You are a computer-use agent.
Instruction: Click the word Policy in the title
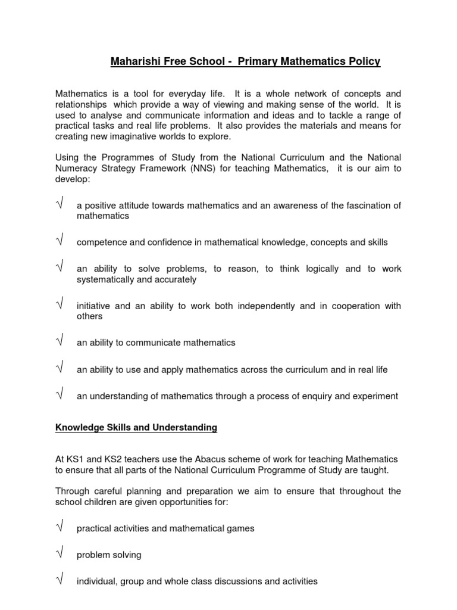pyautogui.click(x=365, y=61)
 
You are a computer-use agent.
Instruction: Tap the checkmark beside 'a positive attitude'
pyautogui.click(x=60, y=206)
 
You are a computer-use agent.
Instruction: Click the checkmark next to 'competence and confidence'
pyautogui.click(x=60, y=242)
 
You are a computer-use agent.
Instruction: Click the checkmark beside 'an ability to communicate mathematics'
pyautogui.click(x=60, y=342)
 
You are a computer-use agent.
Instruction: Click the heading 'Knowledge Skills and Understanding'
pyautogui.click(x=136, y=427)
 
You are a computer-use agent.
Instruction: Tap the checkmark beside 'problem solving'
pyautogui.click(x=60, y=554)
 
